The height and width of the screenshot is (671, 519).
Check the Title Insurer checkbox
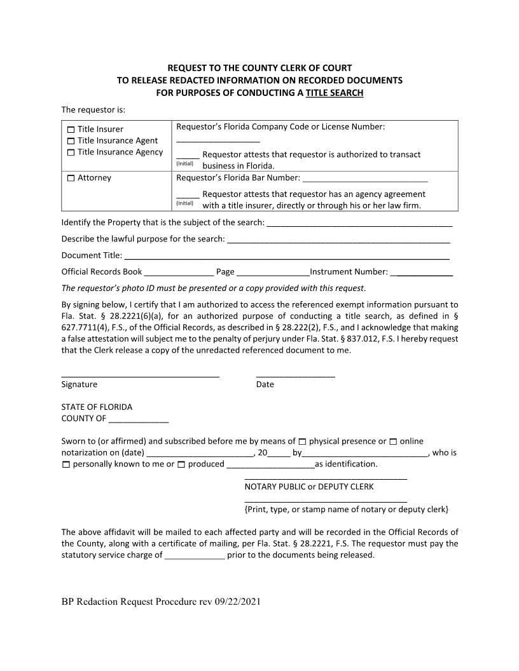[x=71, y=130]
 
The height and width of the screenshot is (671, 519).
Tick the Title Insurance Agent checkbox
[x=71, y=141]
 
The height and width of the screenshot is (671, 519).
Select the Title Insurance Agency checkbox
[x=71, y=152]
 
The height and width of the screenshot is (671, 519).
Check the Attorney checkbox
[x=71, y=179]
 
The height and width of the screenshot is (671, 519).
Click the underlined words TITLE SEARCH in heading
[x=335, y=93]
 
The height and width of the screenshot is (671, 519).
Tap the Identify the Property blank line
[x=359, y=224]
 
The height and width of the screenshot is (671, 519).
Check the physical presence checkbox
[x=302, y=442]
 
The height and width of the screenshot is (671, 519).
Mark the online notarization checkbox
[x=393, y=442]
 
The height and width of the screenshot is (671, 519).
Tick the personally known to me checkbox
[x=66, y=464]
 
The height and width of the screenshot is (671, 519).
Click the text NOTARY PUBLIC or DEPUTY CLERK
[x=309, y=487]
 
